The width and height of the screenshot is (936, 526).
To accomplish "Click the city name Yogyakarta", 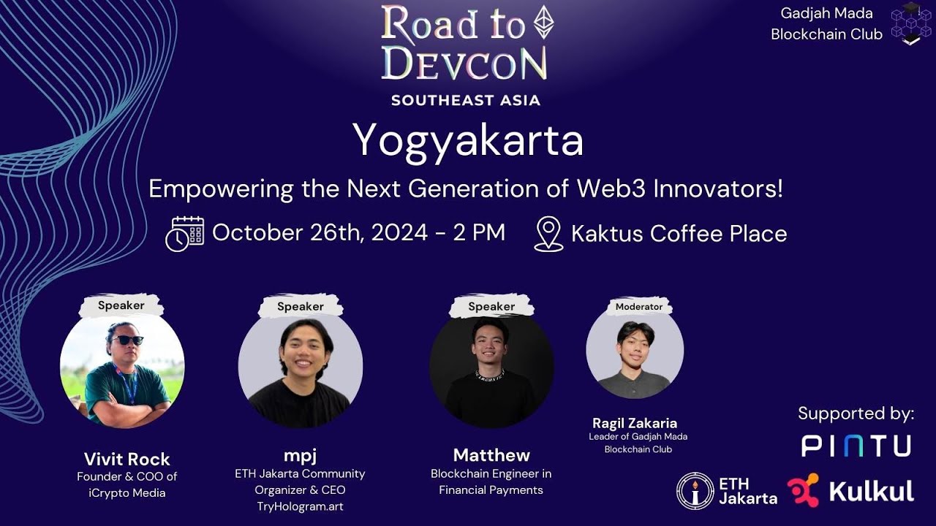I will point(468,140).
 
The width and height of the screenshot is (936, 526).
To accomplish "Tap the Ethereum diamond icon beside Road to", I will point(543,22).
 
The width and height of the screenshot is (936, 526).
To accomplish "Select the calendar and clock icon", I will point(184,234).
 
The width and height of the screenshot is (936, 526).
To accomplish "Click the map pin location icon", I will point(548,234).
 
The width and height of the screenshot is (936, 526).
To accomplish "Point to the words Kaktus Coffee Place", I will point(679,234).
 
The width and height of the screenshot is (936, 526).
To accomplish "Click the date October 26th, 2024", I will point(320,233).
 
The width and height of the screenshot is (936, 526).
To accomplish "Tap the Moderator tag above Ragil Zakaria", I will point(638,307).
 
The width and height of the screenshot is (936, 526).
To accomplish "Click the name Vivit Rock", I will point(127,459).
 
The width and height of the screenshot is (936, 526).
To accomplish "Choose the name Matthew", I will point(491,455).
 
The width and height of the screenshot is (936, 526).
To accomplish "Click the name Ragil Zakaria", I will point(635,423).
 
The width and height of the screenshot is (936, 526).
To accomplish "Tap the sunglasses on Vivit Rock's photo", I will point(128,340).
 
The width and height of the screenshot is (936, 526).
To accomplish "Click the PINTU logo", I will point(856,446).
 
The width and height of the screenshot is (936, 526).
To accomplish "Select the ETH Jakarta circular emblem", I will point(695,490).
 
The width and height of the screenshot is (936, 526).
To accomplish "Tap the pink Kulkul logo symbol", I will point(803,490).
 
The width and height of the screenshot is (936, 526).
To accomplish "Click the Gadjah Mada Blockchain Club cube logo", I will point(911,23).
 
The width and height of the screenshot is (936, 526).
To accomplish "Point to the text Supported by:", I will point(856,413).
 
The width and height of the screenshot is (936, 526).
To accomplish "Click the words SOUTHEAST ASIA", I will point(466,100).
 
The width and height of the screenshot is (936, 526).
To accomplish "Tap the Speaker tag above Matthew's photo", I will point(491,307).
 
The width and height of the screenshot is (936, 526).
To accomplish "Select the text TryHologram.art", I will point(300,506).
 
